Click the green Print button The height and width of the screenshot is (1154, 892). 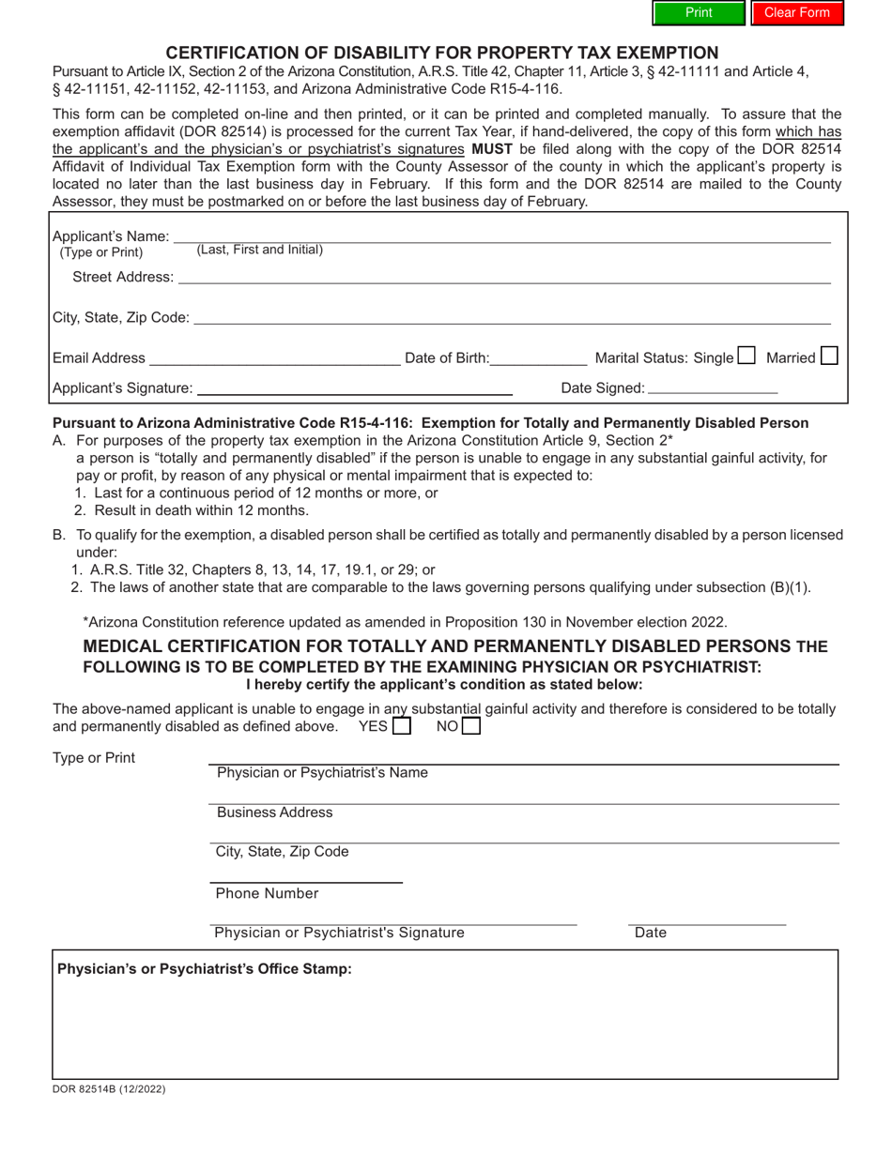click(699, 13)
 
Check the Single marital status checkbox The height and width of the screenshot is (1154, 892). click(746, 356)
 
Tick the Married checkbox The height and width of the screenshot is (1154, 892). click(829, 356)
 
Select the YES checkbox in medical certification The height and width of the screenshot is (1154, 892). click(402, 726)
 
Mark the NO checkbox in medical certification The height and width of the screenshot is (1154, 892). click(471, 726)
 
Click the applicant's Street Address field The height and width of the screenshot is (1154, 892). click(504, 278)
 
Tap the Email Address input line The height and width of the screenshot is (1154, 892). click(274, 358)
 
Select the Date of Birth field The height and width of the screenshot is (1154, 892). click(538, 358)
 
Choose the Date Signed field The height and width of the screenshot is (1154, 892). click(713, 388)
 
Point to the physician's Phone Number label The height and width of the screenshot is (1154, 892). click(267, 894)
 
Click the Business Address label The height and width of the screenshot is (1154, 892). click(274, 812)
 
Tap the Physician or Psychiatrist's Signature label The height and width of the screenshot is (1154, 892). click(339, 933)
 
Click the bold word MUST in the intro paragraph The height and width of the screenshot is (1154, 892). click(491, 149)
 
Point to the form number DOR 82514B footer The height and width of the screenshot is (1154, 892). click(109, 1089)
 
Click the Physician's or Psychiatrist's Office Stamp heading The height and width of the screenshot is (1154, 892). click(205, 969)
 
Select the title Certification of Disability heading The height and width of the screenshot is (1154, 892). click(442, 53)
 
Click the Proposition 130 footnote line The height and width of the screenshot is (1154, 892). click(405, 622)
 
